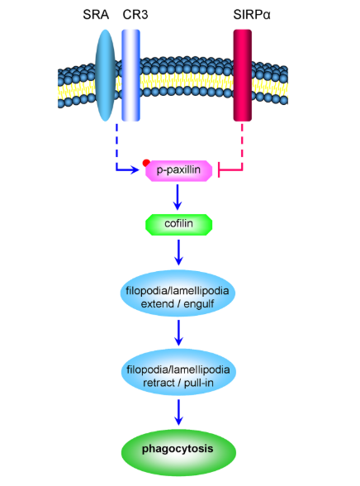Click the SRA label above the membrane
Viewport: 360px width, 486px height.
[96, 15]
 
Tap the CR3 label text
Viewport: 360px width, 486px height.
[135, 15]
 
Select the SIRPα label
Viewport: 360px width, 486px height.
[252, 15]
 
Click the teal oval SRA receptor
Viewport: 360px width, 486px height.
[105, 75]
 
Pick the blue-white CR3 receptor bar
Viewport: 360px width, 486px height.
[130, 75]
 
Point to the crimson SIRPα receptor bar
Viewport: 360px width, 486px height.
[243, 75]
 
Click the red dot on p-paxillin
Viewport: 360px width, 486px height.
[146, 163]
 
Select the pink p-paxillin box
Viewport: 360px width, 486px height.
[179, 171]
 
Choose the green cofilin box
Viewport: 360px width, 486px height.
[179, 225]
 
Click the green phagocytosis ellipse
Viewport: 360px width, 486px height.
[178, 452]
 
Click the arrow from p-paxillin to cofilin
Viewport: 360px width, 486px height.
[178, 198]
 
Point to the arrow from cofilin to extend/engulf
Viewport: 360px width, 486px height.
[178, 252]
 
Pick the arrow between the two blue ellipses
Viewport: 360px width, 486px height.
[178, 332]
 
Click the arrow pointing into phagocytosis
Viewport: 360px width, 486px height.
[178, 412]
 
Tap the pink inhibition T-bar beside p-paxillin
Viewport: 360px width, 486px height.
[219, 169]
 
